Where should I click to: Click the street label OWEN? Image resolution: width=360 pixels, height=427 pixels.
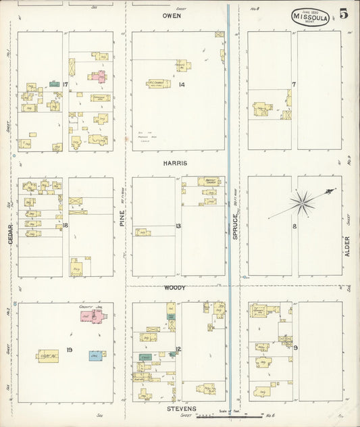point(172,15)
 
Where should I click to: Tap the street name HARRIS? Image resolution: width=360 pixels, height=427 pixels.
point(174,164)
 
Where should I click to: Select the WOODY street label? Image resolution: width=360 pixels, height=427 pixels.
point(174,288)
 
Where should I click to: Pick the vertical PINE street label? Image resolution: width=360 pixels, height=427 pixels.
point(123,218)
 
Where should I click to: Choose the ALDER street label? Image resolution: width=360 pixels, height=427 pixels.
point(348,246)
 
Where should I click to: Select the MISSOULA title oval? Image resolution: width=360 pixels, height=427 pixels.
point(311,17)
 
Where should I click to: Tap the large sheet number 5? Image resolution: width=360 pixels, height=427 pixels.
point(344,14)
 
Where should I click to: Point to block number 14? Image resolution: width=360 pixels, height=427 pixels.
point(182,84)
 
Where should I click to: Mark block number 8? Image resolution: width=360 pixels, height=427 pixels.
point(294,226)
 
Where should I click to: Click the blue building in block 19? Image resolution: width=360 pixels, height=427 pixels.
point(97,355)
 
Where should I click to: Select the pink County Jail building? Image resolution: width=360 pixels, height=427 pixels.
point(88,316)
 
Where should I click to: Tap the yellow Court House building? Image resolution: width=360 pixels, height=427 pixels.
point(47,355)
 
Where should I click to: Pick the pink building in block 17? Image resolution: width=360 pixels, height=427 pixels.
point(101,76)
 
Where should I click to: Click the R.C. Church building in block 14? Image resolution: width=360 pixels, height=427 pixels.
point(159,84)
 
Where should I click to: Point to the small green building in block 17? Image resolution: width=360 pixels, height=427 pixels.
point(54,84)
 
